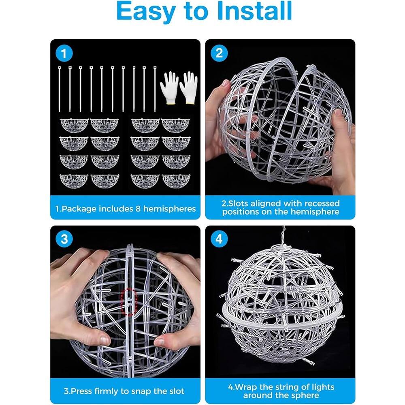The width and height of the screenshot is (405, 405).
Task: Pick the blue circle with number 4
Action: pos(219,239)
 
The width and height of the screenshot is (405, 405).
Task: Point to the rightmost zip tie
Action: pos(154,87)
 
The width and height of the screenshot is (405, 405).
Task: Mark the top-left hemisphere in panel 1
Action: pos(74,125)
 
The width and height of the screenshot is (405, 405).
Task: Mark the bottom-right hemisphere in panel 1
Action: pos(176,181)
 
